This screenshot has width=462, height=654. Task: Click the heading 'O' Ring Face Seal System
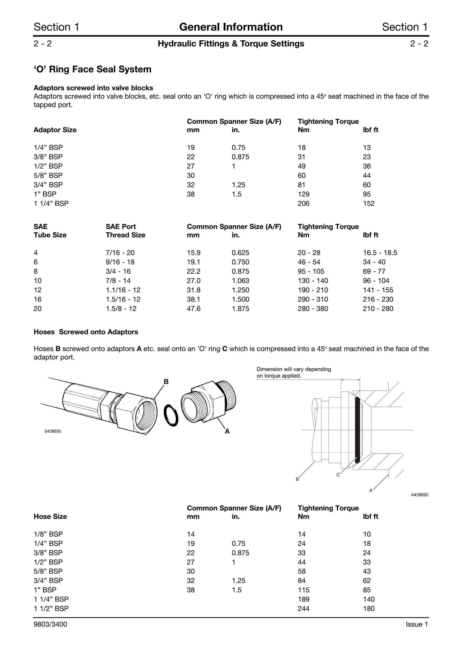(x=93, y=69)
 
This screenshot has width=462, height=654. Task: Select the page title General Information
(x=231, y=27)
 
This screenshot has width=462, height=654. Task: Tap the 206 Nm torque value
(x=303, y=203)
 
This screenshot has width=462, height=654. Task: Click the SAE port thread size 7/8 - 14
(x=118, y=281)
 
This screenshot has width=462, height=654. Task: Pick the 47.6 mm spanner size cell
(x=194, y=308)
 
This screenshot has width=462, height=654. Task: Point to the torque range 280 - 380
(x=313, y=308)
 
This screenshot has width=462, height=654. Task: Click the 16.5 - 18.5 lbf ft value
(x=380, y=253)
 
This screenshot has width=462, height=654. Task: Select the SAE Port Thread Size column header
(x=126, y=231)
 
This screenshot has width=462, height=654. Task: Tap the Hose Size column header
(x=50, y=516)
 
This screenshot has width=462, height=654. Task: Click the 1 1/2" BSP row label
(x=51, y=608)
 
